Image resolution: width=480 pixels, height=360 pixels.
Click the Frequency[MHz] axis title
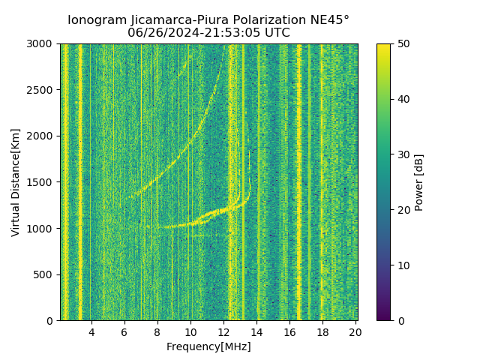208,346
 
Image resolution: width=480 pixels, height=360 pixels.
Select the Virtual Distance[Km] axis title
16,182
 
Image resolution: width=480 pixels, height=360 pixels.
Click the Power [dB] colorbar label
419,182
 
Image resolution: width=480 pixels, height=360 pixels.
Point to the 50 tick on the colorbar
391,43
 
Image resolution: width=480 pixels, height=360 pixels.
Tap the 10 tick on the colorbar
391,265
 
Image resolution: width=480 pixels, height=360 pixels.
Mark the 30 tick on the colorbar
391,154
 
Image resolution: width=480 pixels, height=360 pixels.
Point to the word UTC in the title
277,33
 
